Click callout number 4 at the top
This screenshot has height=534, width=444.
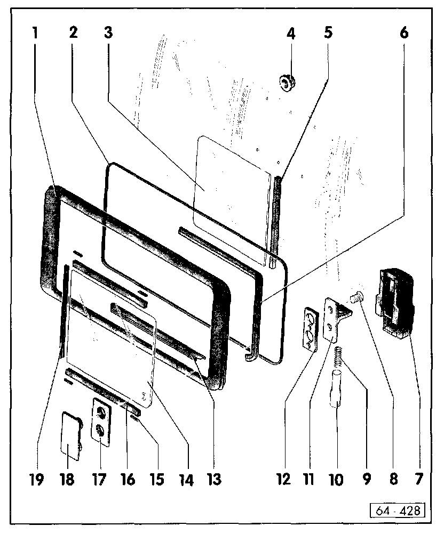[290, 34]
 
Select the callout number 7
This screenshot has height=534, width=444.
[420, 479]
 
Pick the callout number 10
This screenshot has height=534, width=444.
[336, 479]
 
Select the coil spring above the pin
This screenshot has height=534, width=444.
[338, 357]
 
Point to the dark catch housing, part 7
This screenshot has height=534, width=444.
[394, 303]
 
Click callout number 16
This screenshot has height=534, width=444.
[126, 479]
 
